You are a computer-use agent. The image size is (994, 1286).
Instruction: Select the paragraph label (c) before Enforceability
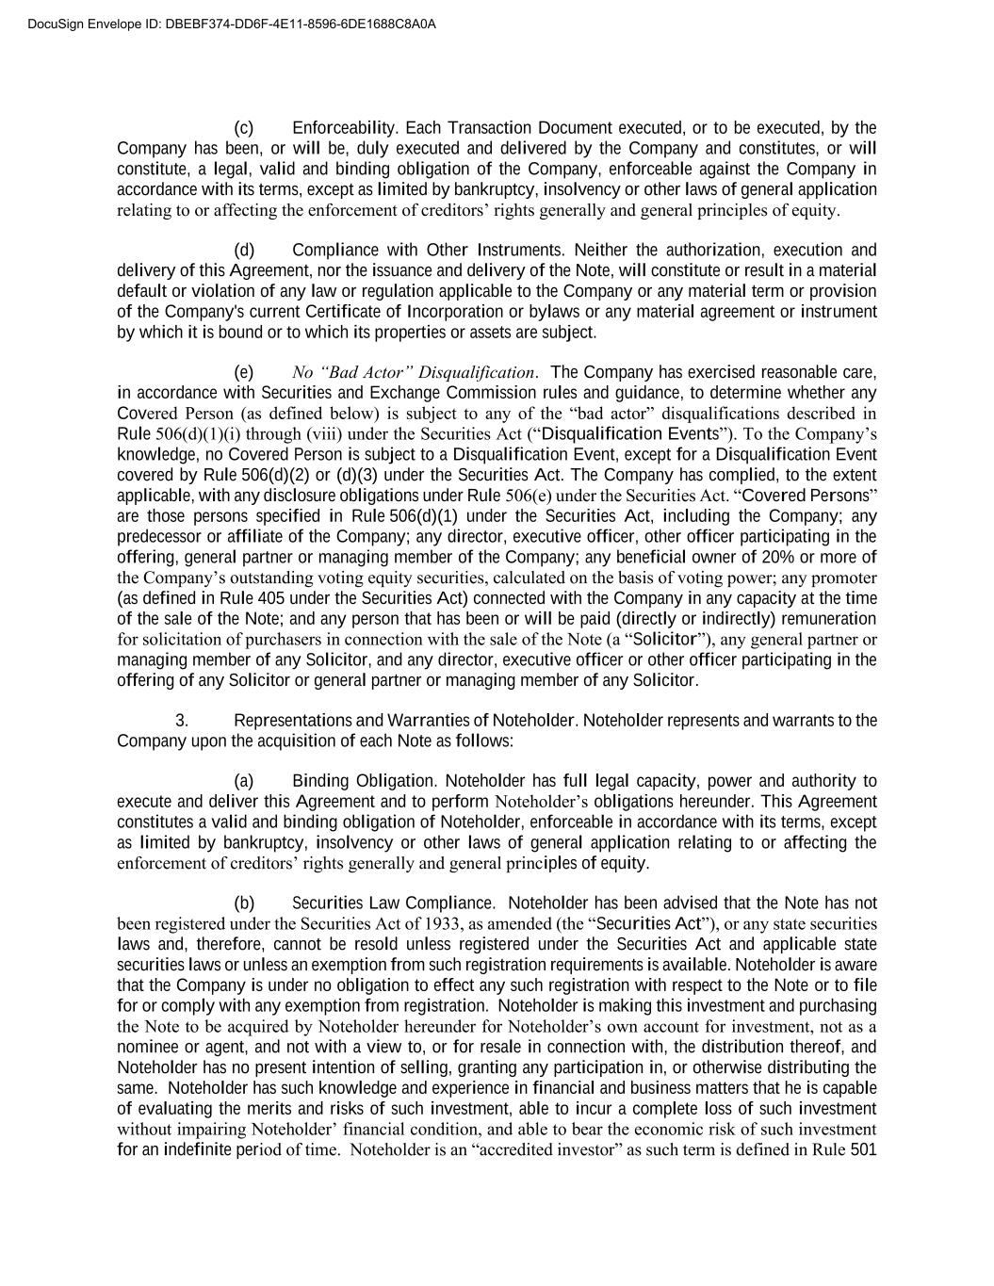coord(244,128)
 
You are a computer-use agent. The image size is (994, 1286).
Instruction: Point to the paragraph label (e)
coord(244,372)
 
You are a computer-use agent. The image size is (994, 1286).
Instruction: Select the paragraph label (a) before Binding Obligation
coord(244,782)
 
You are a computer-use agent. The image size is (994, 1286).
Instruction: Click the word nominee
coord(148,1048)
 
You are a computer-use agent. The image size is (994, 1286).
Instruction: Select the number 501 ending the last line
coord(863,1150)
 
